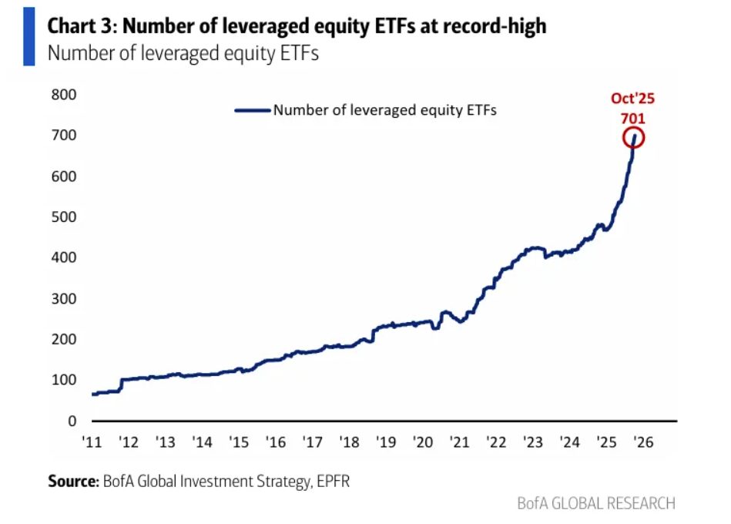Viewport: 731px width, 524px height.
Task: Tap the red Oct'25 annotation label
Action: [x=632, y=99]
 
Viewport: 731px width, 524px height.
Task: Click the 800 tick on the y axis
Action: [x=65, y=95]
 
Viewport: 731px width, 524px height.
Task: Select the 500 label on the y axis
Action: [x=65, y=217]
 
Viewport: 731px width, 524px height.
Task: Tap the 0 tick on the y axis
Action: [x=72, y=421]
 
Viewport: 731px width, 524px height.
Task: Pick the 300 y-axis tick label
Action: [x=65, y=299]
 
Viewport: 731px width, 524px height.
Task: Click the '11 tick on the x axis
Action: [x=91, y=442]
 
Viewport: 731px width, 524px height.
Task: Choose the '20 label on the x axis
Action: [x=422, y=442]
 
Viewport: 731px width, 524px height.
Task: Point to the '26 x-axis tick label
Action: [x=644, y=442]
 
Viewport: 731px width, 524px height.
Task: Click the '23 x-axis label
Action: [x=533, y=442]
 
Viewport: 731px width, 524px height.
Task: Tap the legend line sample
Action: [x=253, y=110]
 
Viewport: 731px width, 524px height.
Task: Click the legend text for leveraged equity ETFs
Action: [x=385, y=110]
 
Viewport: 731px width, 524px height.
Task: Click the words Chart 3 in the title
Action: [x=81, y=26]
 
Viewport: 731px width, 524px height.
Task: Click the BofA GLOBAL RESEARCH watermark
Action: [x=596, y=503]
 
